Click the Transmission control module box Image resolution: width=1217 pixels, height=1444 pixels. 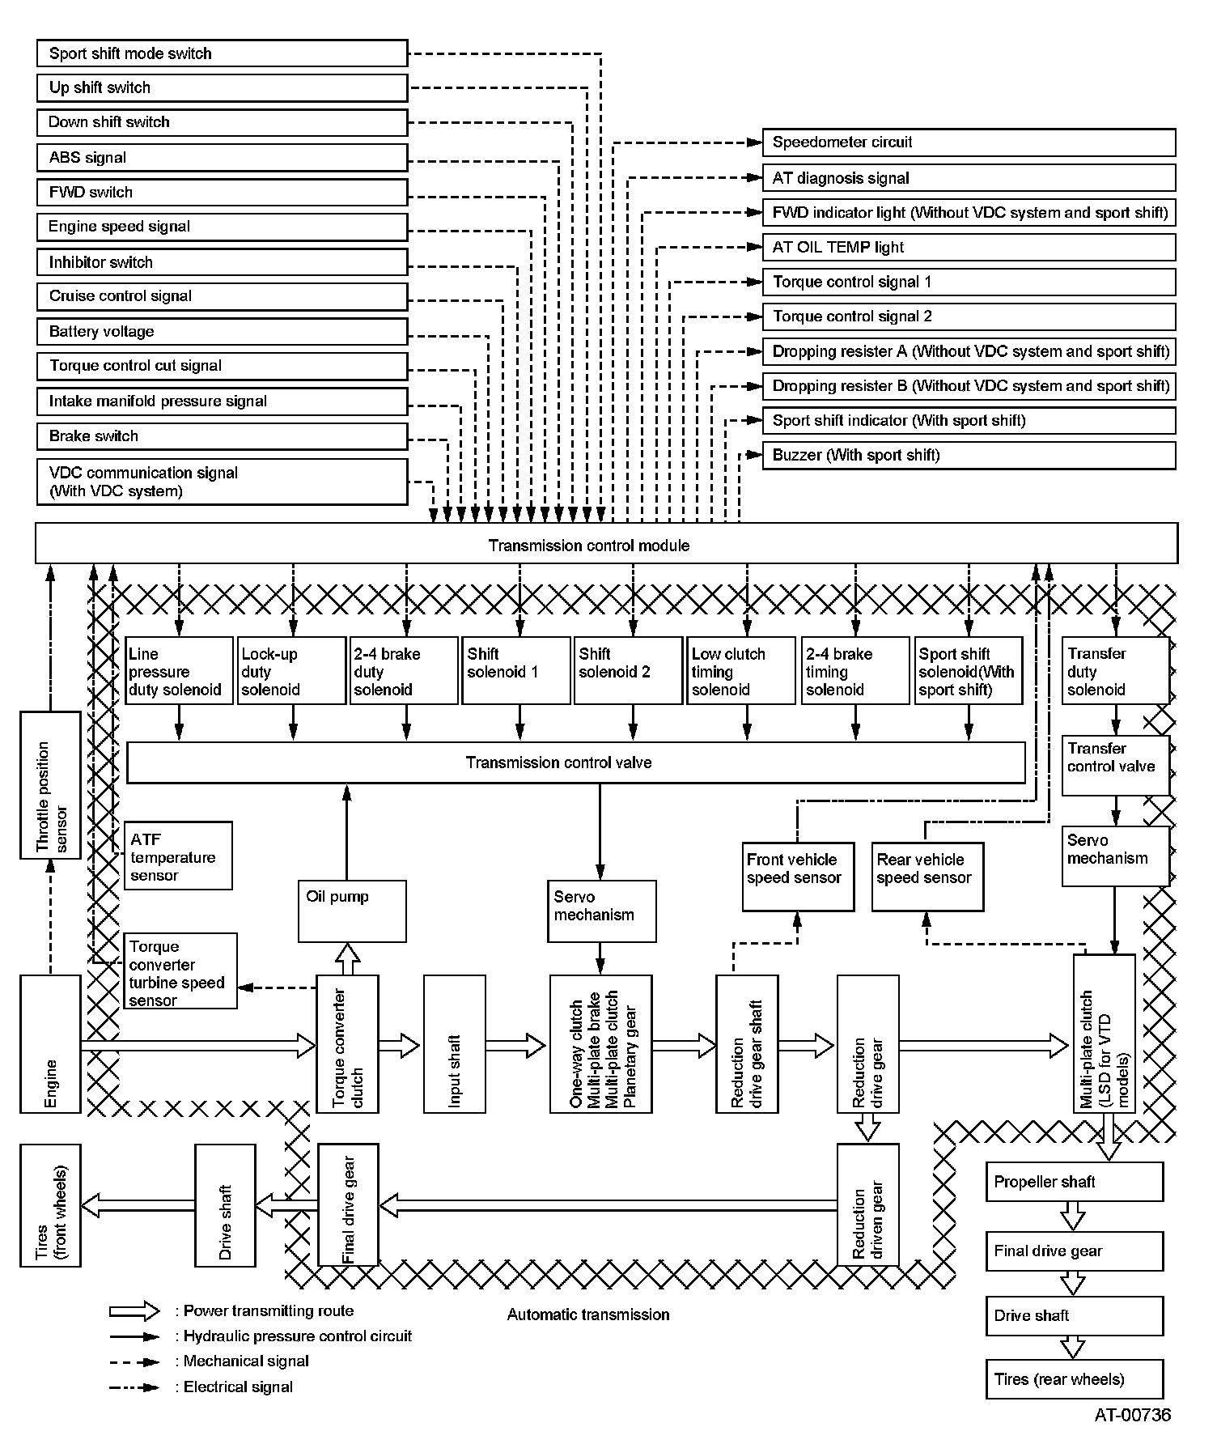(606, 544)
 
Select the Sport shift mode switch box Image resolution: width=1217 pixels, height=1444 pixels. (222, 53)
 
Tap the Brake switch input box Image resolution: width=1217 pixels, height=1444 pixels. (222, 436)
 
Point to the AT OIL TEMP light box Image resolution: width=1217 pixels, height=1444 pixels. (968, 248)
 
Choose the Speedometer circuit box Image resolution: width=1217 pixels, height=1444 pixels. (968, 142)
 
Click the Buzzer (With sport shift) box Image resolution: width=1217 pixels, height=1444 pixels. (968, 455)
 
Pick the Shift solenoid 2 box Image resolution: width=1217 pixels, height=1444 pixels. (627, 671)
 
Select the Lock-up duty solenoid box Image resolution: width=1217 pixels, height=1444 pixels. (291, 671)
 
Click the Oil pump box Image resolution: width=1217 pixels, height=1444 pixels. (352, 911)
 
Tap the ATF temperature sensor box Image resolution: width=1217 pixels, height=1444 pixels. (178, 856)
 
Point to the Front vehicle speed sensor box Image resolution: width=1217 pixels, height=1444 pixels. (798, 877)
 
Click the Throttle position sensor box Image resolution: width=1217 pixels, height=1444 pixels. (50, 785)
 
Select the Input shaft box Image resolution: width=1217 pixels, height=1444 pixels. (455, 1043)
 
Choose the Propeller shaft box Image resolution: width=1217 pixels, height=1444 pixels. (1074, 1182)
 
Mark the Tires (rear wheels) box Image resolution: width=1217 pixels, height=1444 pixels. (1074, 1379)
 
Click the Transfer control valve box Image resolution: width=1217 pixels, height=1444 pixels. (1115, 765)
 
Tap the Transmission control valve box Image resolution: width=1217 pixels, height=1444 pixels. (575, 762)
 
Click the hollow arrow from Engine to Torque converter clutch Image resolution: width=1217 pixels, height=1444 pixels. (198, 1046)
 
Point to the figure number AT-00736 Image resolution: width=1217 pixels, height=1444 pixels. (1132, 1415)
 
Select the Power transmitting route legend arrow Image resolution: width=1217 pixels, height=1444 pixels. (135, 1311)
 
